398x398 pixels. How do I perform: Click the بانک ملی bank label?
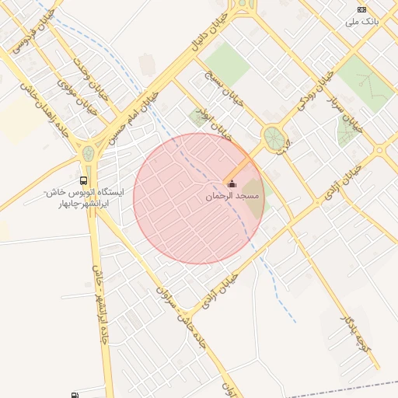[364, 22]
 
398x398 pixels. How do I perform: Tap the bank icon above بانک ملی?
[361, 9]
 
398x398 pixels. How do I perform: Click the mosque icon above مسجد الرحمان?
[232, 183]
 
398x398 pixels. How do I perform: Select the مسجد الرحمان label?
[232, 196]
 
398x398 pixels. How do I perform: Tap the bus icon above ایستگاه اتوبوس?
[83, 180]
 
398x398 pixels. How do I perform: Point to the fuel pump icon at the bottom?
[74, 396]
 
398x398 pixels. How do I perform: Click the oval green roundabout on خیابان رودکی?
[274, 139]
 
